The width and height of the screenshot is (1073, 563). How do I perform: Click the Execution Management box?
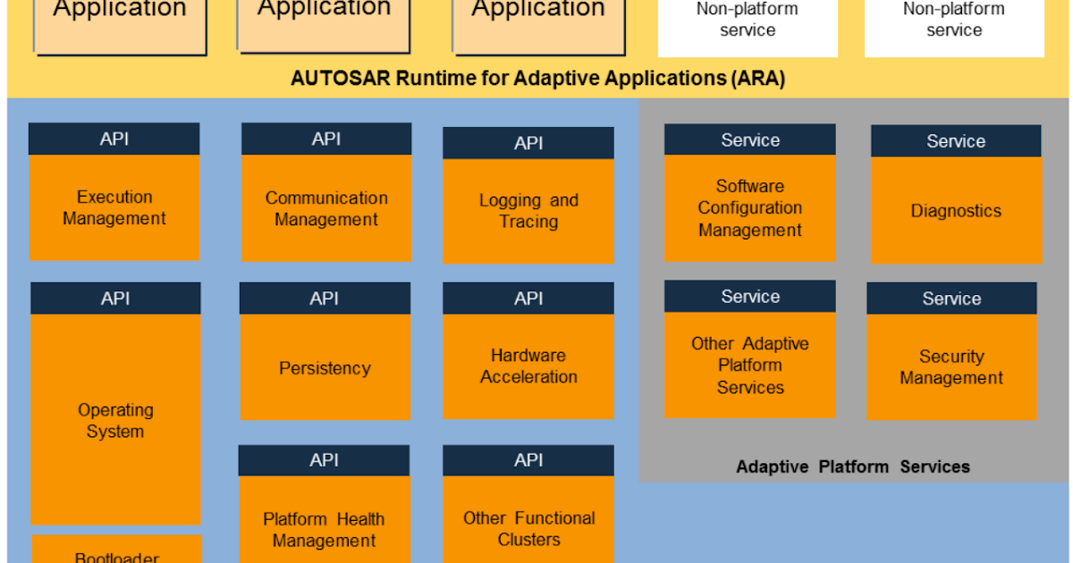[114, 208]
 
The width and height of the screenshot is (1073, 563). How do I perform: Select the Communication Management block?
[326, 209]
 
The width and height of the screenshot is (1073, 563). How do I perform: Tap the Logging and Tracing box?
[528, 212]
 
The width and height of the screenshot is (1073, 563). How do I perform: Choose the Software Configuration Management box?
[750, 208]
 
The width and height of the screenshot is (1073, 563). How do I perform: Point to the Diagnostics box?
[956, 212]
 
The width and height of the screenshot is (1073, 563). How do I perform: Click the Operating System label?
[115, 421]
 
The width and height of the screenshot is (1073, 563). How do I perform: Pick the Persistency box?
[325, 368]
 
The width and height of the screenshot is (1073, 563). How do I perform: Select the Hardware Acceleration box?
[528, 366]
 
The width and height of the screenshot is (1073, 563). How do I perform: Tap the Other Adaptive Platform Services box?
[750, 366]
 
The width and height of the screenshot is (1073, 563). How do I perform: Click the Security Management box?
[951, 367]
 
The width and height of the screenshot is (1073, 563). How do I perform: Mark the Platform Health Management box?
[324, 530]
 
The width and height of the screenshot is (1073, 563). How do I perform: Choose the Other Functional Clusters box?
[528, 529]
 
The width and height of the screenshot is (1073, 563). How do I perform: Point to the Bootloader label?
[116, 557]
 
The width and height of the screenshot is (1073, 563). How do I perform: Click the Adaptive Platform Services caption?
[852, 466]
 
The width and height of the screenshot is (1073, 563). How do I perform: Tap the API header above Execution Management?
[114, 139]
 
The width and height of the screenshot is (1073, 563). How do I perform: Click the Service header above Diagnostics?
[956, 141]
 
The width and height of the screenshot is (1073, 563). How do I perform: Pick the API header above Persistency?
[325, 298]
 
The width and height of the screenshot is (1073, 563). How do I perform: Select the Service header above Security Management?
[951, 298]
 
